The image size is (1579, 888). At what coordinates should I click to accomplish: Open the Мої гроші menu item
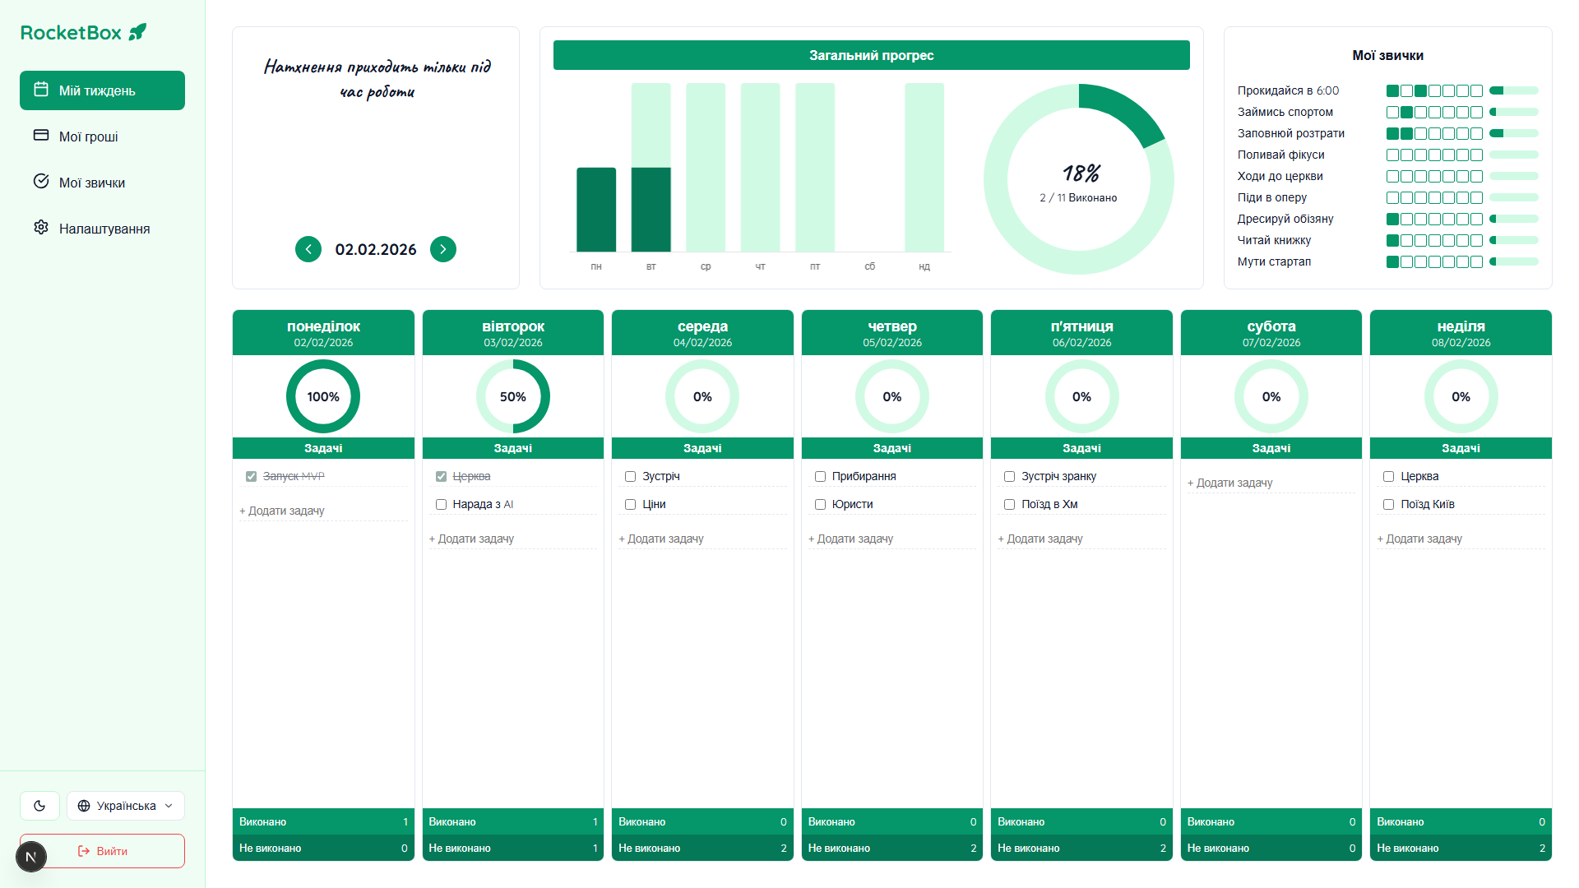click(x=88, y=136)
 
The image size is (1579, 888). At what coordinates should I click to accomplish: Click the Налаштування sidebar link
click(x=104, y=229)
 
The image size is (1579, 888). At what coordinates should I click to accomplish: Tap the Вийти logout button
click(x=103, y=851)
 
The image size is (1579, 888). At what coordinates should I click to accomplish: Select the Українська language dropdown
click(x=126, y=806)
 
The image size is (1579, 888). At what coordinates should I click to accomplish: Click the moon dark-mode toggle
click(x=39, y=806)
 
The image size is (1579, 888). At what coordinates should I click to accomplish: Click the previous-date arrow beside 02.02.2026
click(x=308, y=249)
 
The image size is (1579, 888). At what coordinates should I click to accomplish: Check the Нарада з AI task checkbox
click(x=442, y=505)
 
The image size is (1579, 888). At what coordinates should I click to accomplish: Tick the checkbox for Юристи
click(x=820, y=505)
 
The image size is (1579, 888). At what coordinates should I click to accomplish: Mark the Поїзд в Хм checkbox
click(x=1010, y=505)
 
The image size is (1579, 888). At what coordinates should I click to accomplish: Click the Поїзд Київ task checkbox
click(x=1389, y=505)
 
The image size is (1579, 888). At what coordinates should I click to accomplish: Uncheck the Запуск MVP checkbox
click(x=252, y=477)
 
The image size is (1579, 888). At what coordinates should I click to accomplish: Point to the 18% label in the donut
click(x=1081, y=173)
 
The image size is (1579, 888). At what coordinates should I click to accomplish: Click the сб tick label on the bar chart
click(x=870, y=266)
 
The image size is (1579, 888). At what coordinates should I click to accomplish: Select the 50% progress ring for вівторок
click(x=513, y=396)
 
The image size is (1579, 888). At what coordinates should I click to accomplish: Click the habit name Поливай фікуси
click(x=1280, y=155)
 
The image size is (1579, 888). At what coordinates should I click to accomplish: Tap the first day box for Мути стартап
click(x=1392, y=262)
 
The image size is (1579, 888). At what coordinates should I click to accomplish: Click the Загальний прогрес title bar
click(x=871, y=55)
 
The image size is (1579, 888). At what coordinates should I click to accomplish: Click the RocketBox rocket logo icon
click(x=138, y=32)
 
